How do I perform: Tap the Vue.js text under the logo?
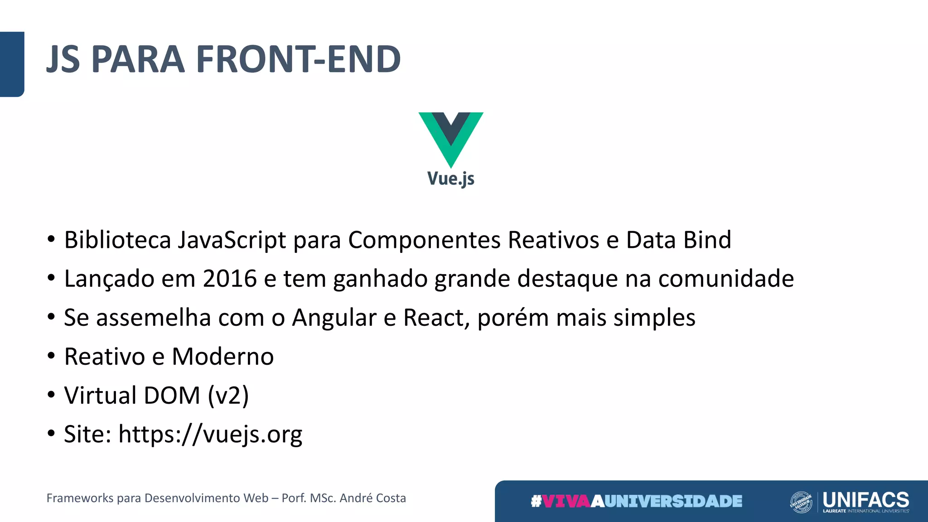(451, 179)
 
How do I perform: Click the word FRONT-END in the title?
(299, 59)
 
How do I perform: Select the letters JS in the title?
(63, 59)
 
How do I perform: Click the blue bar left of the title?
(12, 64)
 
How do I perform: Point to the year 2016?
(230, 278)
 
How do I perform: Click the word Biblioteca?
(117, 240)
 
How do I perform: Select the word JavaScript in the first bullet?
(232, 240)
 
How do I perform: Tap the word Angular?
(334, 317)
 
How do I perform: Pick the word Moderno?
(223, 356)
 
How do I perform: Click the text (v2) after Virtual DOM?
(228, 395)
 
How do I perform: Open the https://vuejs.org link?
(210, 434)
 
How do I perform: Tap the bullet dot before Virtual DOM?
(51, 395)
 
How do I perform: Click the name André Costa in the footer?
(373, 498)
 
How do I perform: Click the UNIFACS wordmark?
(866, 500)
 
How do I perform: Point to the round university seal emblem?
(801, 502)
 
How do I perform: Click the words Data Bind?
(679, 240)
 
